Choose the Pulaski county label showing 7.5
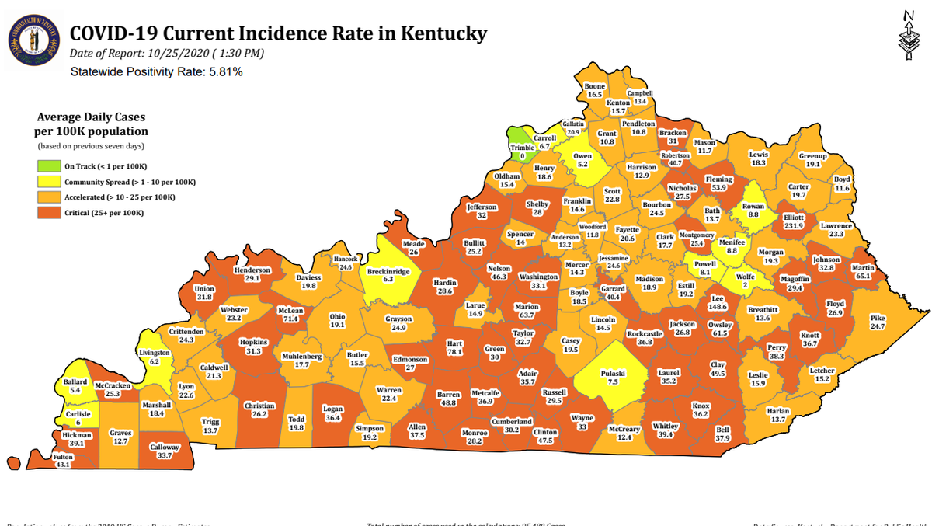point(613,378)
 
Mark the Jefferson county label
point(482,211)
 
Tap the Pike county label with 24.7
point(877,322)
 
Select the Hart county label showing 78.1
point(455,347)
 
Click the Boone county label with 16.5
point(594,89)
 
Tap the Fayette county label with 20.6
point(628,234)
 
